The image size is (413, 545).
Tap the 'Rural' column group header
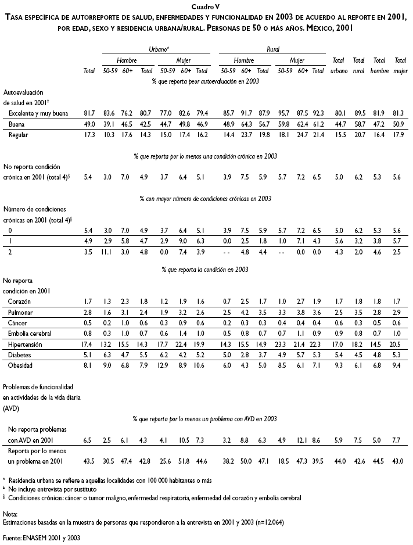(272, 50)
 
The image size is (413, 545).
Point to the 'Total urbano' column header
(338, 66)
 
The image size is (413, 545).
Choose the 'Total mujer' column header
(400, 66)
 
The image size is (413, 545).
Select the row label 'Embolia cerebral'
(31, 333)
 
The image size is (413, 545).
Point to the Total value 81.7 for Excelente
(89, 113)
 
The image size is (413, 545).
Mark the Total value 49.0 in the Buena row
(89, 124)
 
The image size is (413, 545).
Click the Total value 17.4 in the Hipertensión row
(89, 344)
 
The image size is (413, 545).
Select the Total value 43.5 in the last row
(89, 461)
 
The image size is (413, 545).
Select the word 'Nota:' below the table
(10, 514)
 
